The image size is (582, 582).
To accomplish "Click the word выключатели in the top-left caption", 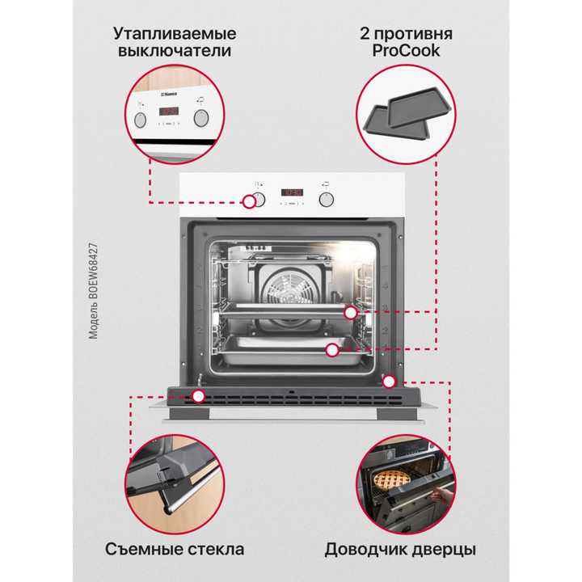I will tap(175, 52).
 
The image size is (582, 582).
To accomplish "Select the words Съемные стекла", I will tap(175, 550).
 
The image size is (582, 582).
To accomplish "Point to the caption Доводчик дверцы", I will tap(400, 550).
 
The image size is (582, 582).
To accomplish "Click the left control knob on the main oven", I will tap(253, 199).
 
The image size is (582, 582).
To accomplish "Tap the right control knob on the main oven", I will tap(327, 198).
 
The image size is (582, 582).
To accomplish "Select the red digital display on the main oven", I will tap(291, 193).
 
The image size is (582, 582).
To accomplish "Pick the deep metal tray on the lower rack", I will tap(287, 354).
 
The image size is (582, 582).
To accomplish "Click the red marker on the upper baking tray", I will tap(350, 311).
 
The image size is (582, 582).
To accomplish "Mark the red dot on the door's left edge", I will tap(198, 396).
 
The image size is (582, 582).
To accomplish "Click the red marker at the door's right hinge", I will tap(389, 380).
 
